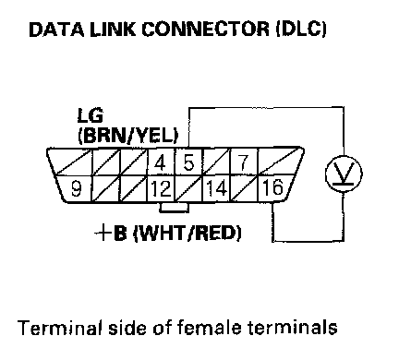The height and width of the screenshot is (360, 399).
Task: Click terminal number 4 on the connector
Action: point(161,162)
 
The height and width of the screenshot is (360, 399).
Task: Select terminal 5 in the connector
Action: point(188,162)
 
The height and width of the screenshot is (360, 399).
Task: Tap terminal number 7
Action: point(243,162)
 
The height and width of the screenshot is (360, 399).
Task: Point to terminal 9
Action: point(76,188)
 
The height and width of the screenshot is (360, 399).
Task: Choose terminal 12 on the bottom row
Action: point(161,188)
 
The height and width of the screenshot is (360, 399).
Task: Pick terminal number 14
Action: point(216,188)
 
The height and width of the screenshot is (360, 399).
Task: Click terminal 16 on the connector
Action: point(273,188)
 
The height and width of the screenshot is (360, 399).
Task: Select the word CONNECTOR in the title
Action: point(205,30)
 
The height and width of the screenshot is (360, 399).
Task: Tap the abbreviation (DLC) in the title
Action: point(301,30)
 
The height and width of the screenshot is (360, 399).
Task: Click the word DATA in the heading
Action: point(56,30)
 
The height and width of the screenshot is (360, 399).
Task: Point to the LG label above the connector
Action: point(90,115)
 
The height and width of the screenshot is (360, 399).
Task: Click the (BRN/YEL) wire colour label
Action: point(128,135)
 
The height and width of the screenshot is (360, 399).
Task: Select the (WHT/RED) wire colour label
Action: point(187,233)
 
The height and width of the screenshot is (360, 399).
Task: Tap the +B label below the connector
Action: point(111,233)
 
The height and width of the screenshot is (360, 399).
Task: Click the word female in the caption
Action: point(210,328)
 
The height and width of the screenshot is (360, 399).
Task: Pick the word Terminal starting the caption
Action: point(60,328)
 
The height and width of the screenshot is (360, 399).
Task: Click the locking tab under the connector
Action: point(174,208)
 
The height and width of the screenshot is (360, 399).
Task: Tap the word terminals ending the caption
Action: point(293,328)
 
